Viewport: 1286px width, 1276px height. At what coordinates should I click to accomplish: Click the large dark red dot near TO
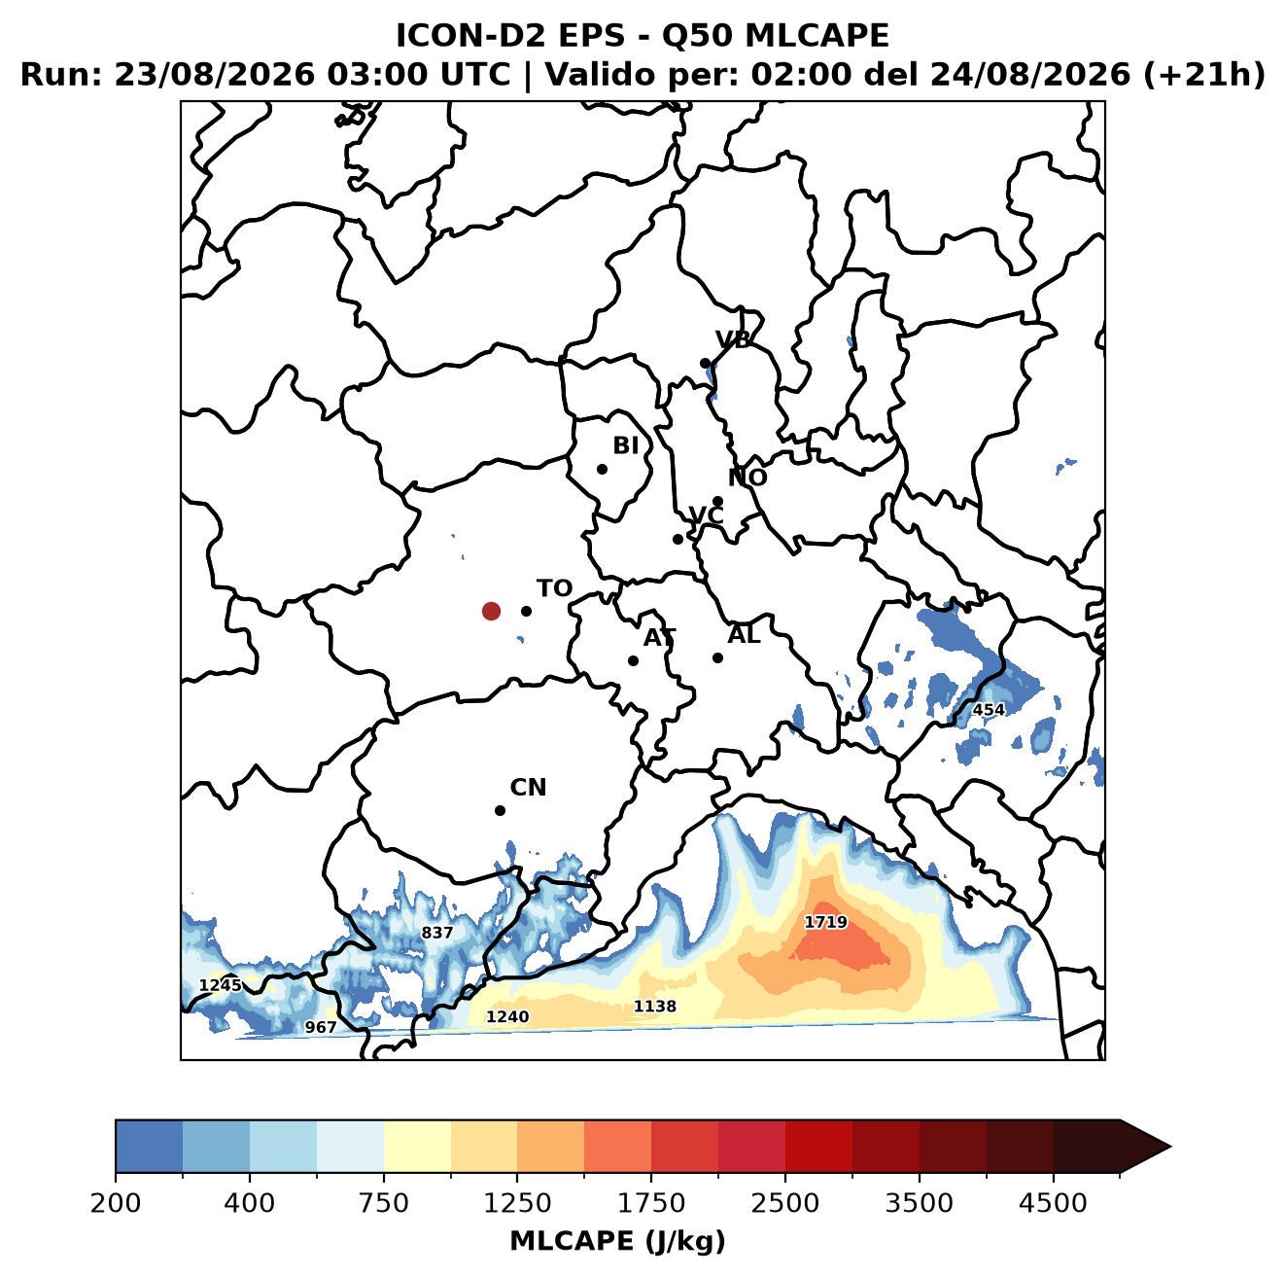[491, 611]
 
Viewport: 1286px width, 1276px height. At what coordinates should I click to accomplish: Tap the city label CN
[528, 788]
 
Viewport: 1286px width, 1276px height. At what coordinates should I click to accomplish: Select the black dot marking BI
[602, 469]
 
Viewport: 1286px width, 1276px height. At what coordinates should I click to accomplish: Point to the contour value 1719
[825, 922]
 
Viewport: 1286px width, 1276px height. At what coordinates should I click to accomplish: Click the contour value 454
[989, 710]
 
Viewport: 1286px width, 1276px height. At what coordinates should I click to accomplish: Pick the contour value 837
[437, 933]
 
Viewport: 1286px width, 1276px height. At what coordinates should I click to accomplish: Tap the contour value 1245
[221, 985]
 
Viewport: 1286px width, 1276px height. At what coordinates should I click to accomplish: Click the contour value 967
[321, 1027]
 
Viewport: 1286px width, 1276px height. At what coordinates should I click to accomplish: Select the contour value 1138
[655, 1007]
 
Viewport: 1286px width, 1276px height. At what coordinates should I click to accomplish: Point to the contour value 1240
[507, 1017]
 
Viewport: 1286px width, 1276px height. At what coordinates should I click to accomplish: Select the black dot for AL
[717, 657]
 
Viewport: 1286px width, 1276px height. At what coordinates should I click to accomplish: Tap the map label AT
[659, 638]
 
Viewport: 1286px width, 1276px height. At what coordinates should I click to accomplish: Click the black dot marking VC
[678, 539]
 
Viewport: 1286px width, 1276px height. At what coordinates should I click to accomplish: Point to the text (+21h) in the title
[1203, 75]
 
